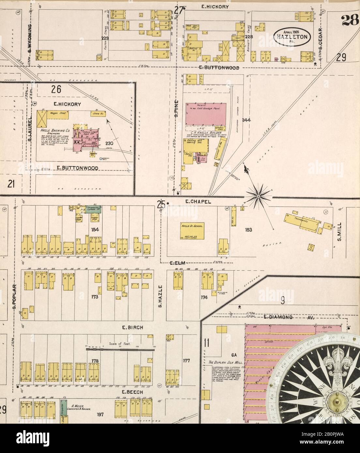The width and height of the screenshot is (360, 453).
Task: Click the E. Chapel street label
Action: pyautogui.click(x=194, y=202)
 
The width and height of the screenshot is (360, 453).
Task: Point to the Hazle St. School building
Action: pyautogui.click(x=192, y=230)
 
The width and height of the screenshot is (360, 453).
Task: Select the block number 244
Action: pyautogui.click(x=246, y=120)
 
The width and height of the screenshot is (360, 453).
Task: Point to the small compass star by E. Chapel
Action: pyautogui.click(x=258, y=196)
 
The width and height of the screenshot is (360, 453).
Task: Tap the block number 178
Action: pyautogui.click(x=95, y=360)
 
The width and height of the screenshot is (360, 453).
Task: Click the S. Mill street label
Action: pyautogui.click(x=339, y=232)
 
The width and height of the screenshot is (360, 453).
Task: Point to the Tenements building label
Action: pyautogui.click(x=301, y=221)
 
